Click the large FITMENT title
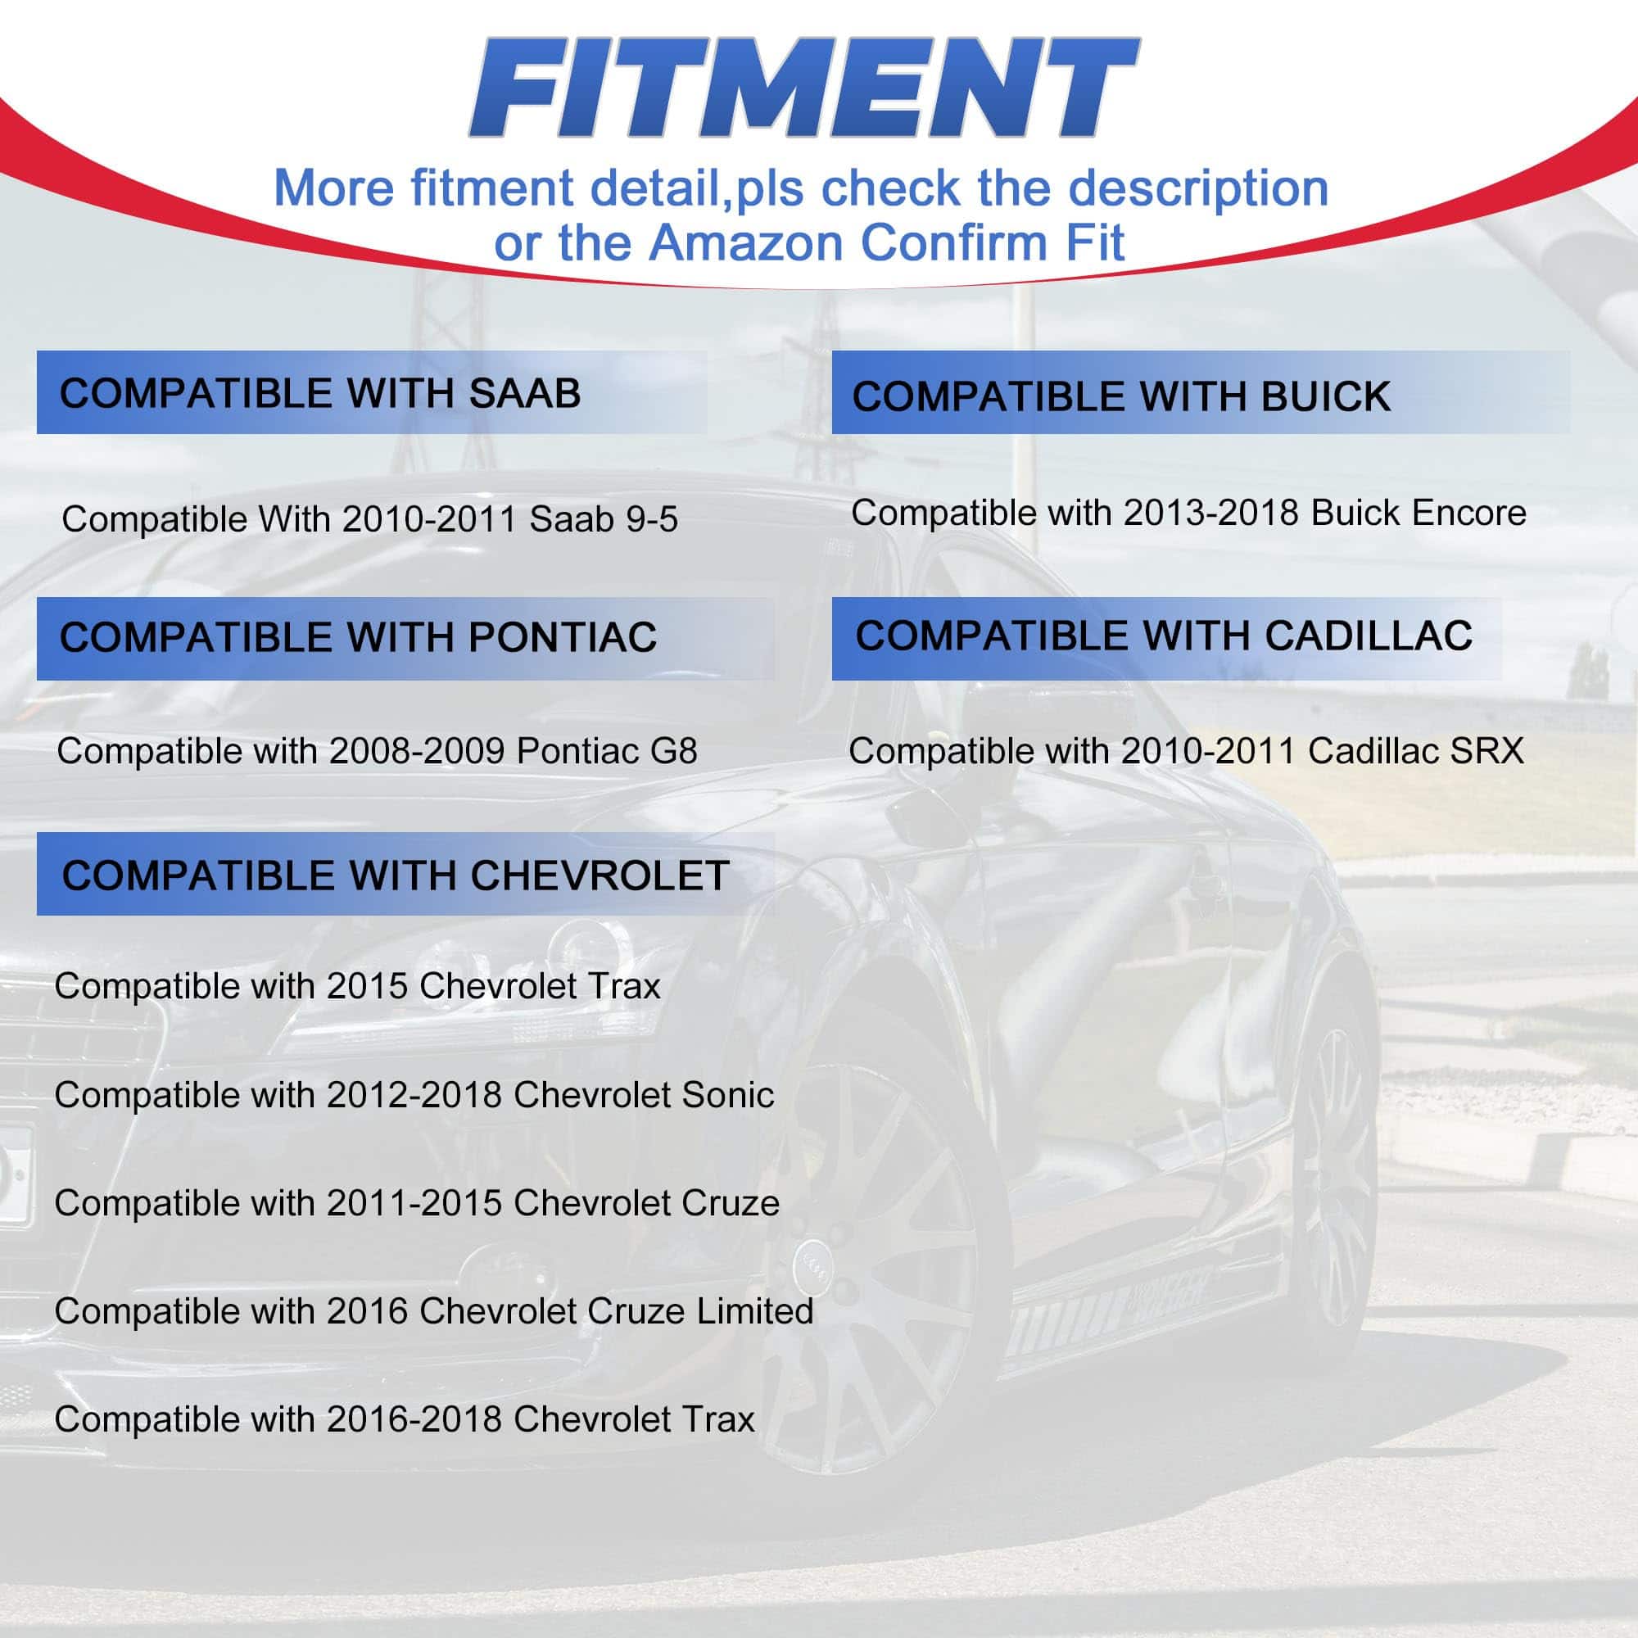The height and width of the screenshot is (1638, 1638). click(x=803, y=88)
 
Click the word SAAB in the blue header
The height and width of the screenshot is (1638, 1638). click(x=525, y=393)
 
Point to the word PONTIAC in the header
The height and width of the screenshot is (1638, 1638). click(x=562, y=637)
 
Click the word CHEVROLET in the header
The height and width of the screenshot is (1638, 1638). click(x=600, y=876)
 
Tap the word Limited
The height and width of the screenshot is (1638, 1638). click(x=755, y=1311)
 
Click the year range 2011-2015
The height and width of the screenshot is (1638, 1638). click(x=414, y=1204)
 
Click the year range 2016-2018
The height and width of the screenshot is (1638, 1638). click(x=414, y=1420)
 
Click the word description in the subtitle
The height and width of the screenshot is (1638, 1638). click(x=1198, y=189)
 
